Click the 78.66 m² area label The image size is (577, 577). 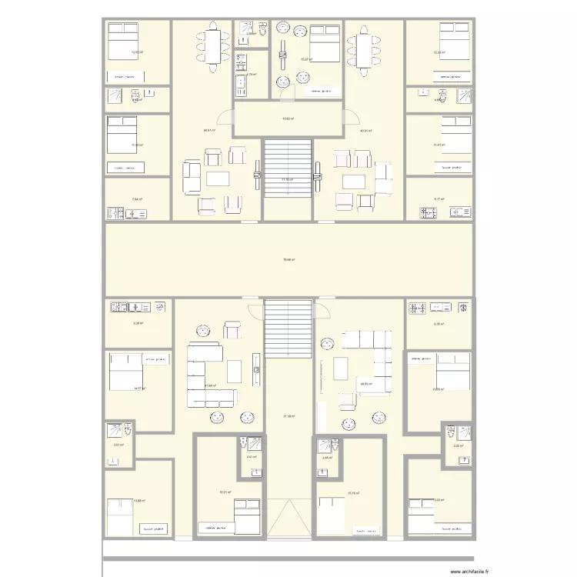click(x=288, y=259)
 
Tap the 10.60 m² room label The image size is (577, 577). click(x=288, y=118)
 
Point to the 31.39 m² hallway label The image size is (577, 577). click(x=288, y=416)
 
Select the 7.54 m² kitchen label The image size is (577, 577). click(x=137, y=199)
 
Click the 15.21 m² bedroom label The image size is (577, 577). click(x=225, y=492)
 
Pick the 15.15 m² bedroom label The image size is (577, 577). click(x=353, y=493)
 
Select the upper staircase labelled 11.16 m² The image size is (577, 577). click(x=288, y=178)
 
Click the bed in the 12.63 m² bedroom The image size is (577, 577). click(x=121, y=40)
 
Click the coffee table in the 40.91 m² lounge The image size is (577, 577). click(x=354, y=182)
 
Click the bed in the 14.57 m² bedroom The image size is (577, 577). click(x=123, y=372)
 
